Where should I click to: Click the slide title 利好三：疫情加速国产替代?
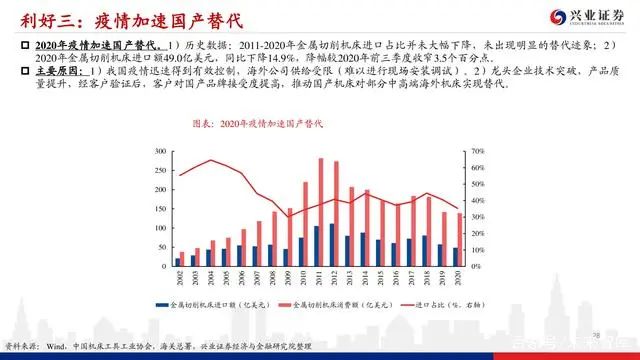click(101, 16)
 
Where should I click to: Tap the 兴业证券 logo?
click(584, 17)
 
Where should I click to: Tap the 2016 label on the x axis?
click(394, 277)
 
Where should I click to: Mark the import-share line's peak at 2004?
click(211, 161)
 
